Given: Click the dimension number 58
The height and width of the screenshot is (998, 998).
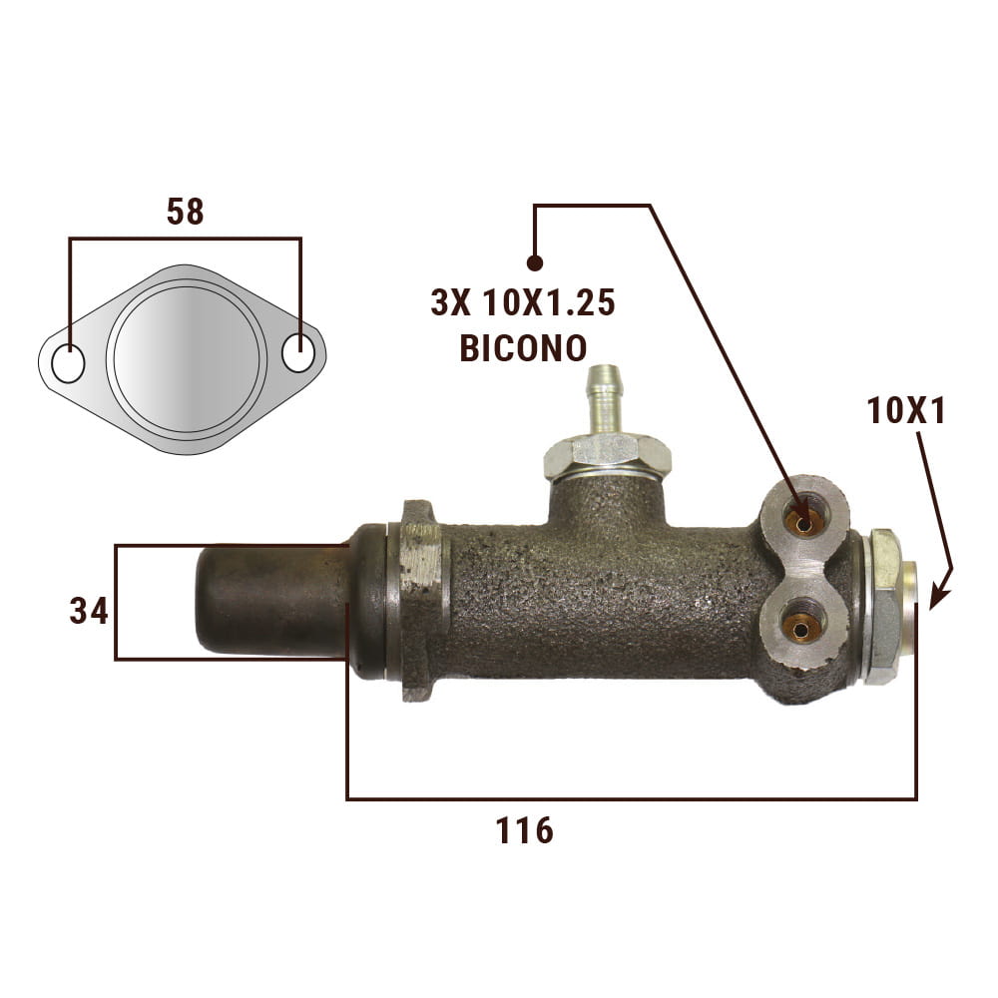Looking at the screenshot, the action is pyautogui.click(x=186, y=212).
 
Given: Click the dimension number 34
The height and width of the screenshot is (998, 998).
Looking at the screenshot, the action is pyautogui.click(x=89, y=611).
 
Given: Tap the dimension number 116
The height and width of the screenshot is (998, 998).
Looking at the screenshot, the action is pyautogui.click(x=525, y=830).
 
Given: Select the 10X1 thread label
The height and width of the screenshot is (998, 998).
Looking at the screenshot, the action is pyautogui.click(x=906, y=411).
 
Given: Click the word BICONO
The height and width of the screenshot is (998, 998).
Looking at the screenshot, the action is pyautogui.click(x=523, y=348).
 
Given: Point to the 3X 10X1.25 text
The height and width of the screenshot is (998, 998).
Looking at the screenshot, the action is pyautogui.click(x=523, y=302).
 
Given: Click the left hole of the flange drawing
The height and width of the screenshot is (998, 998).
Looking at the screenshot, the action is pyautogui.click(x=68, y=364).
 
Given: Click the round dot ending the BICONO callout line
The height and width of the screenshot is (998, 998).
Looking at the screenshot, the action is pyautogui.click(x=535, y=262).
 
